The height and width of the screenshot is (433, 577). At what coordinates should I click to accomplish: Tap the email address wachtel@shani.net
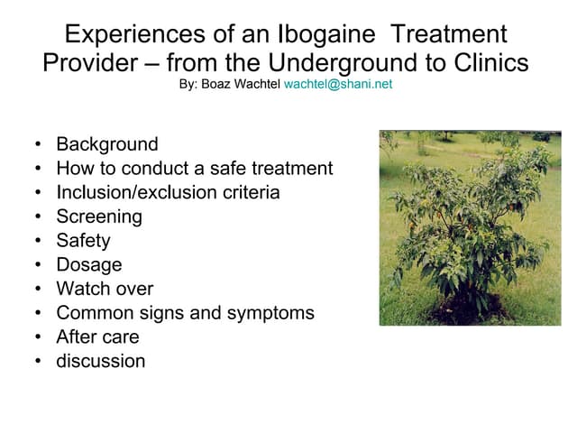pos(338,84)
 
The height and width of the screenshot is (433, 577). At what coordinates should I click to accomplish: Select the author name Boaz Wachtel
pos(241,84)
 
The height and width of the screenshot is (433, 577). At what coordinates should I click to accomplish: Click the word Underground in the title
pos(343,63)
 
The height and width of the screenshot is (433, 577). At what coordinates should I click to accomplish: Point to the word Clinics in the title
pos(491,62)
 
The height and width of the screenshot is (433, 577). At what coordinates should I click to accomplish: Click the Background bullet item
pos(107,144)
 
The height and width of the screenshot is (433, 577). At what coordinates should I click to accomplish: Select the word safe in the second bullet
pos(228,169)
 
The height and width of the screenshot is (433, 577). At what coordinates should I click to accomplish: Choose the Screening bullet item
pos(99,216)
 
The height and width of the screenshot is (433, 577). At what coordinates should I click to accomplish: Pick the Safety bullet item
pos(84,241)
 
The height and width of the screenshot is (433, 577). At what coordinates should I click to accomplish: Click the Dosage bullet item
pos(89,265)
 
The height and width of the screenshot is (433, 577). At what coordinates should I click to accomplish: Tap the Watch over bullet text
pos(105,289)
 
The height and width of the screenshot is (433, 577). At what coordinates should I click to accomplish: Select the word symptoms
pos(270,314)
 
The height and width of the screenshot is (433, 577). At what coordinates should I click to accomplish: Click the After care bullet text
pos(98,336)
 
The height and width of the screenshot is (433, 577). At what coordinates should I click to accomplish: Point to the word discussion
pos(101,361)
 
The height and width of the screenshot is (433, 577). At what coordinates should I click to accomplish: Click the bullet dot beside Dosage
pos(38,264)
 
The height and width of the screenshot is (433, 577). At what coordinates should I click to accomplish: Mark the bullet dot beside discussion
pos(38,361)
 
